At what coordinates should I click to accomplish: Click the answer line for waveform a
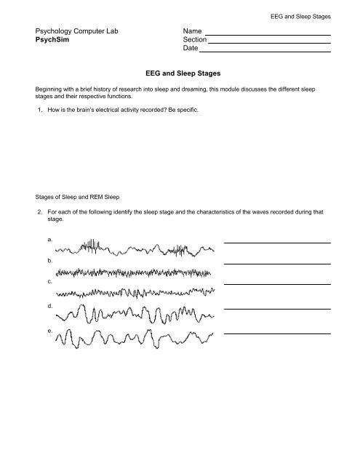pos(277,242)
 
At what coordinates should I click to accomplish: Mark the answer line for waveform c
pos(277,283)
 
